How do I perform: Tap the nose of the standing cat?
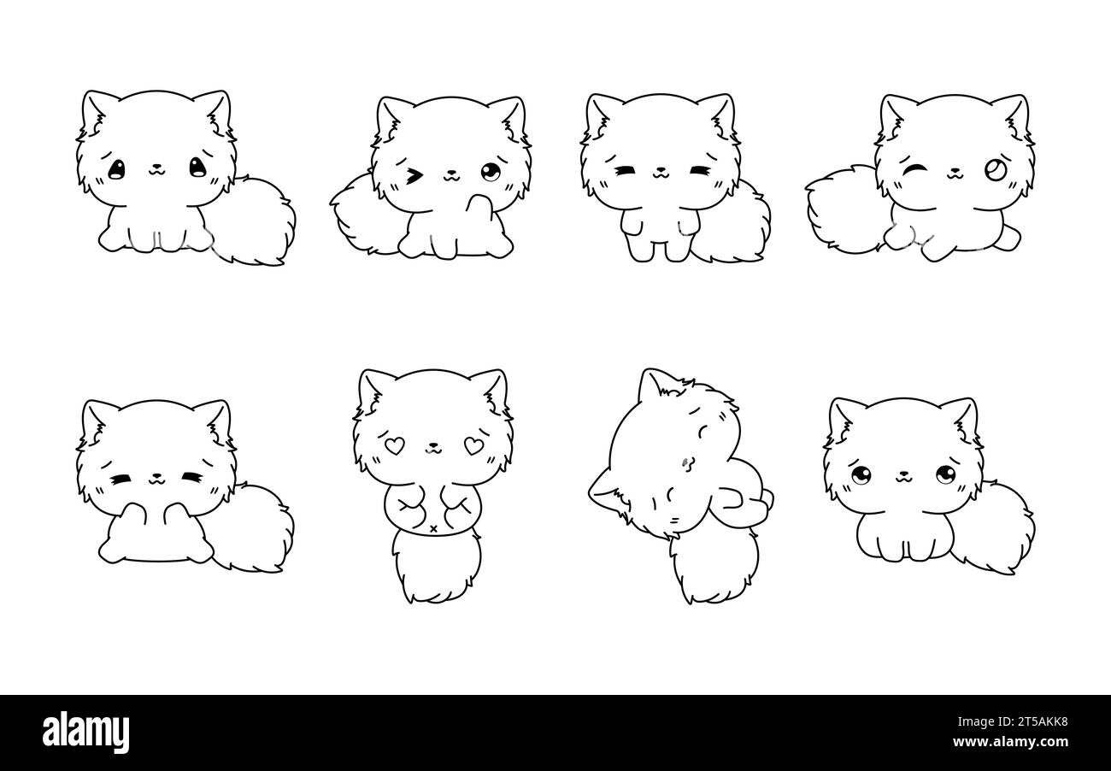(x=659, y=170)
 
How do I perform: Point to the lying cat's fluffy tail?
(x=842, y=210)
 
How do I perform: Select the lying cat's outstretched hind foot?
(x=1006, y=232)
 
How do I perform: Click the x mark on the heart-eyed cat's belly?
(x=433, y=529)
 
